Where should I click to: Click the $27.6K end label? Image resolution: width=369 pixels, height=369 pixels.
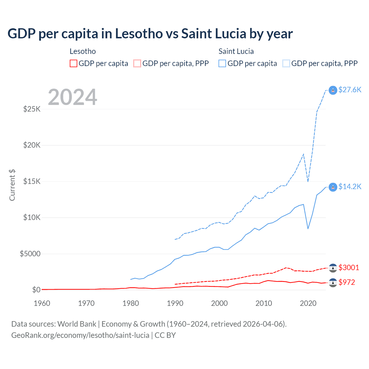pos(350,90)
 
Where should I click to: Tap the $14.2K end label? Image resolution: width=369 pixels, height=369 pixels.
pos(350,187)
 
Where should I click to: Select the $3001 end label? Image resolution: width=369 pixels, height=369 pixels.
pos(349,268)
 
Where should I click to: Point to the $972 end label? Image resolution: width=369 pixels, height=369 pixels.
pos(347,282)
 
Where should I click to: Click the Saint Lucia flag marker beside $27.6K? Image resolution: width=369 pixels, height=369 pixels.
pos(333,90)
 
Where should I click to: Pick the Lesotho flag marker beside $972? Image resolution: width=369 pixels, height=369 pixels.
pos(333,283)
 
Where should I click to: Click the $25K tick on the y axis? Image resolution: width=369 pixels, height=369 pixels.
pos(32,109)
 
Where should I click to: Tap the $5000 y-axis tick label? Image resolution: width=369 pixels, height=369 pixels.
pos(30,254)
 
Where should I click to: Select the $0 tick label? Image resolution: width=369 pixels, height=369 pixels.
pos(36,290)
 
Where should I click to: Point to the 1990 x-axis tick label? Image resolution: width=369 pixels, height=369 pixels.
pos(175,303)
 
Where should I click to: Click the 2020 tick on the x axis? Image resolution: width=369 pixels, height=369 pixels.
pos(308,303)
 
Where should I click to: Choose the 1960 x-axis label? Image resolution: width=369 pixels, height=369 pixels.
pos(42,303)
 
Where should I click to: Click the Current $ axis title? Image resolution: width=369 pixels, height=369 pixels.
pos(12,185)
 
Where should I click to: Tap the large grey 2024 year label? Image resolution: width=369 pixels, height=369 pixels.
pos(72,97)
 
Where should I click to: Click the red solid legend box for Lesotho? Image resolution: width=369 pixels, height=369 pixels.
pos(74,63)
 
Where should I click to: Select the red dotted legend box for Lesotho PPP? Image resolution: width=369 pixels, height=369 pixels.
pos(137,63)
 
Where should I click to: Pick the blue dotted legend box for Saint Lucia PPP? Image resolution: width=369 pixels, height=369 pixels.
pos(286,63)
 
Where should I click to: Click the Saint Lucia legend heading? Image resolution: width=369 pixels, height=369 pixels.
pos(236,51)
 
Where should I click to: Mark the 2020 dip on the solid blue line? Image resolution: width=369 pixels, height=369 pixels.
pos(308,229)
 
